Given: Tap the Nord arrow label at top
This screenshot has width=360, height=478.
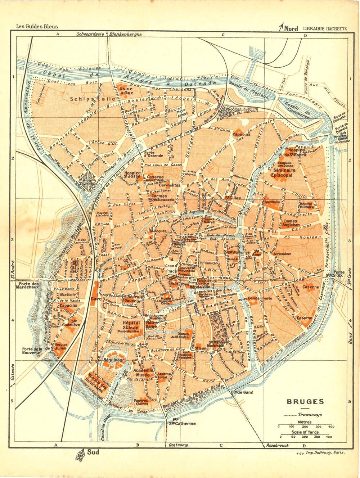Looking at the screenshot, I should tap(291, 28).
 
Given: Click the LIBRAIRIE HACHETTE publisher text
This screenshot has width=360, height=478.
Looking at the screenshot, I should tap(325, 28).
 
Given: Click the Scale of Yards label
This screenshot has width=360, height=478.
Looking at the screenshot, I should tap(305, 432).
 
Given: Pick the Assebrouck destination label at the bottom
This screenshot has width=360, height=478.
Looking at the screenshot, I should tap(278, 446).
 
